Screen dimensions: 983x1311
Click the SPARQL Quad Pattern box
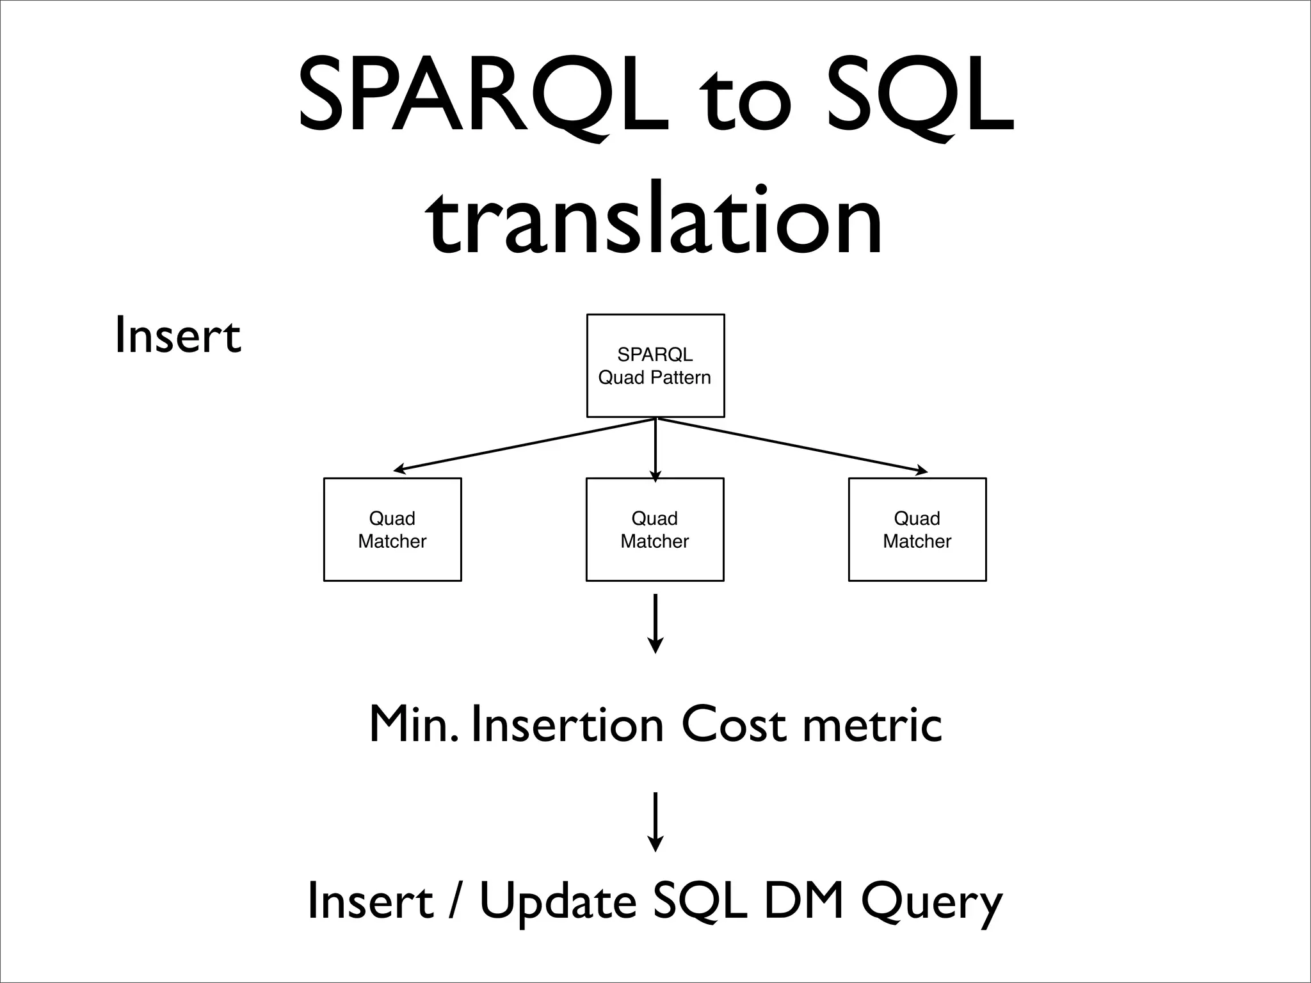point(655,365)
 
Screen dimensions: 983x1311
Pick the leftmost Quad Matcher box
point(392,529)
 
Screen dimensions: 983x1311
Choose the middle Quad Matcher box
point(655,529)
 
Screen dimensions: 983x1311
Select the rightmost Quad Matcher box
point(917,529)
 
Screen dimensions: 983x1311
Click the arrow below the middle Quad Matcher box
point(655,623)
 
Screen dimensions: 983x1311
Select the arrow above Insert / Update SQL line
point(655,822)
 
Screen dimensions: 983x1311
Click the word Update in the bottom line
point(558,901)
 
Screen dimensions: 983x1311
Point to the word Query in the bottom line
point(931,901)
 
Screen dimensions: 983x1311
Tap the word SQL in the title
point(920,96)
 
